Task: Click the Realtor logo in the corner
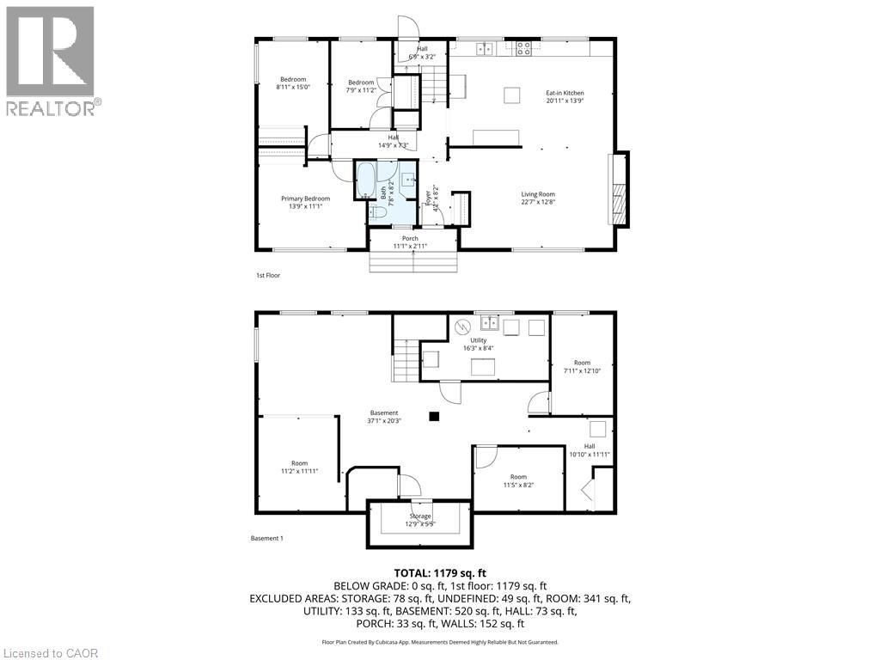click(51, 60)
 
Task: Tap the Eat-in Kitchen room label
click(565, 96)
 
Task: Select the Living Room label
click(538, 199)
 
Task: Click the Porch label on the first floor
click(410, 242)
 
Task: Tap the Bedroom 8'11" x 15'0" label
click(291, 83)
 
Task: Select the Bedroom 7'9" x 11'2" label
click(361, 86)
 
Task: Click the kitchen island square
click(513, 94)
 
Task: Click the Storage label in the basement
click(420, 520)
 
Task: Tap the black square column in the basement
click(434, 417)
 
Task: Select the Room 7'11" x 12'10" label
click(583, 367)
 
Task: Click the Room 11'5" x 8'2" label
click(518, 480)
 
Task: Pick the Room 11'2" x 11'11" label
click(299, 467)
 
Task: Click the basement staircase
click(406, 361)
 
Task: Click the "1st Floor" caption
click(268, 275)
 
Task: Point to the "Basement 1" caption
click(266, 538)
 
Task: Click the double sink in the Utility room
click(491, 323)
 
